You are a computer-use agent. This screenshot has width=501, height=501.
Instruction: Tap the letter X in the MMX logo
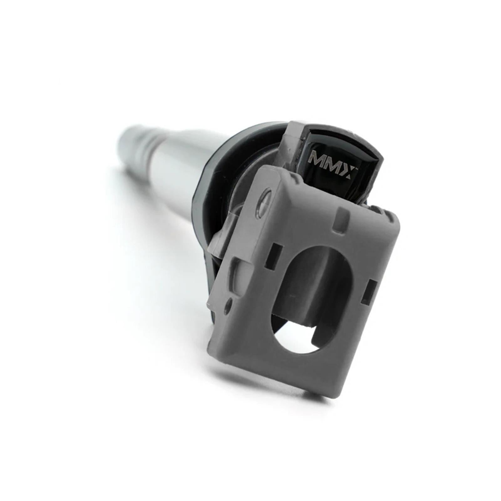(350, 172)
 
